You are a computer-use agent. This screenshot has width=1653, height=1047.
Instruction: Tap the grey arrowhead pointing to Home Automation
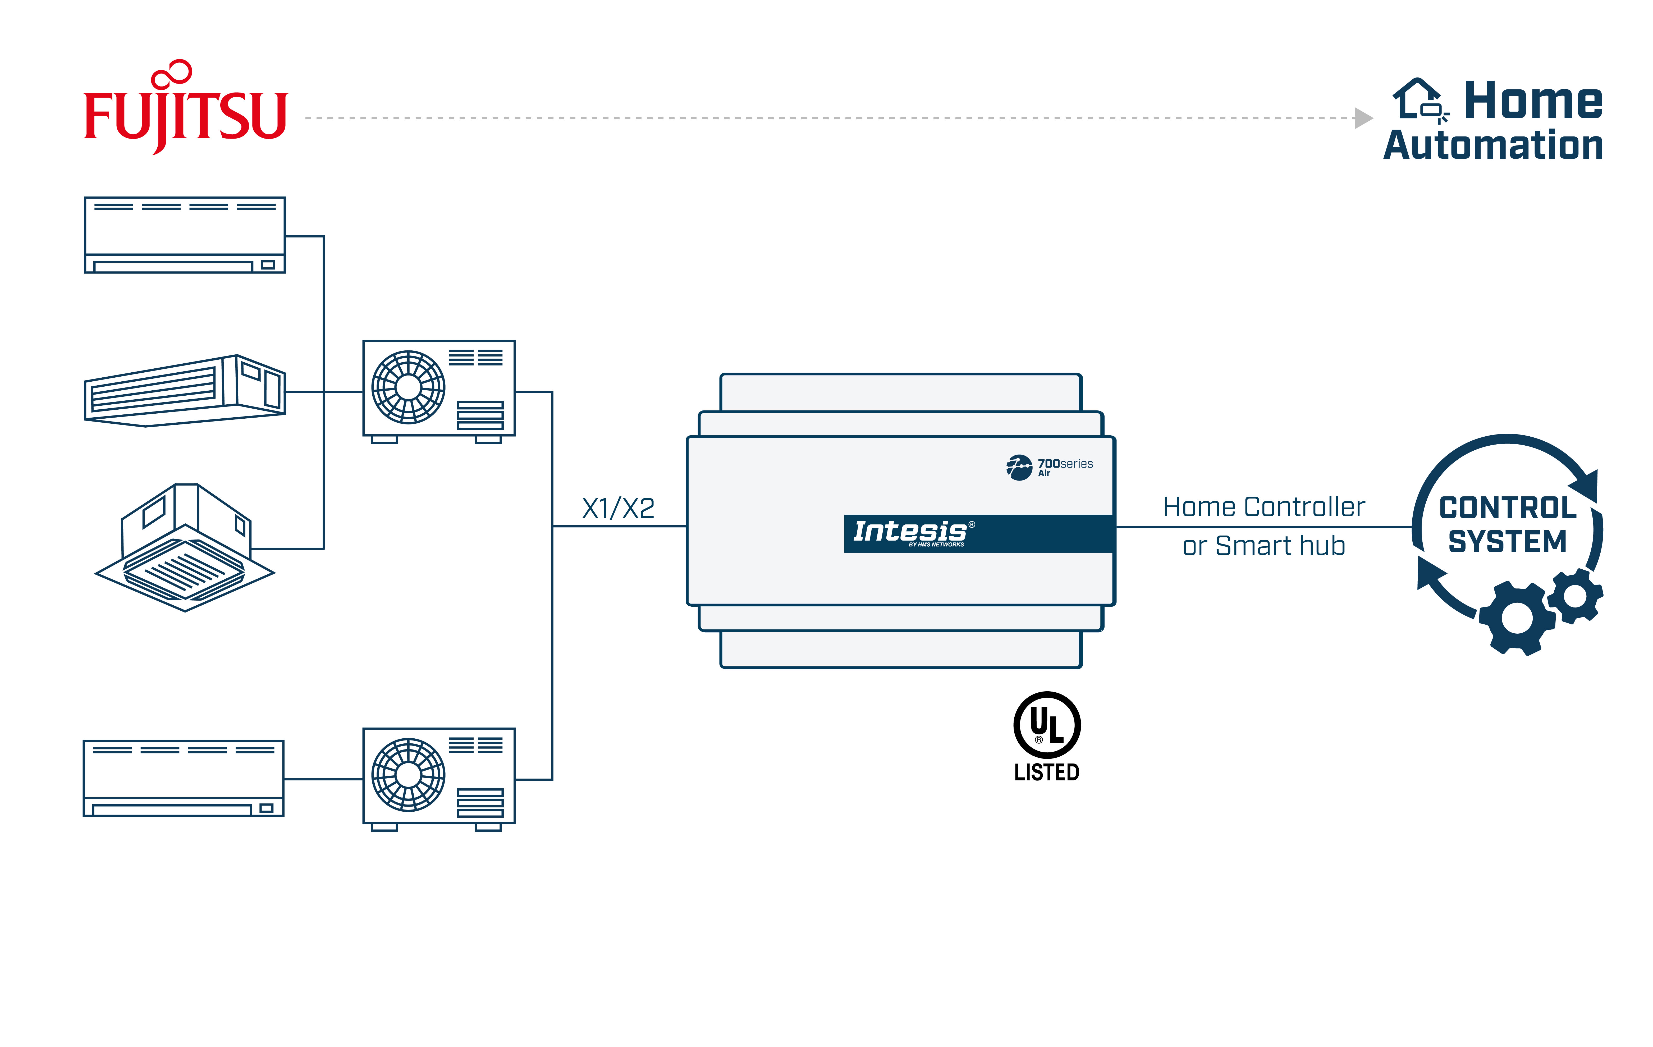tap(1363, 118)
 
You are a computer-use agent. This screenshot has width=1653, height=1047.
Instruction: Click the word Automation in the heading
tap(1493, 145)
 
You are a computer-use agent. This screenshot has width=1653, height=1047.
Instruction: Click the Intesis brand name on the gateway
tap(910, 531)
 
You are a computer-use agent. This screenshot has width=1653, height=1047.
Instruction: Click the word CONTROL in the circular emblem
tap(1508, 508)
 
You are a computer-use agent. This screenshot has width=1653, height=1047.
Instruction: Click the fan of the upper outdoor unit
tap(409, 387)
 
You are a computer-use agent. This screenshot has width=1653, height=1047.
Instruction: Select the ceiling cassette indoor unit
tap(185, 549)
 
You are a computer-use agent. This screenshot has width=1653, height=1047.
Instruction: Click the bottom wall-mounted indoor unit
tap(183, 778)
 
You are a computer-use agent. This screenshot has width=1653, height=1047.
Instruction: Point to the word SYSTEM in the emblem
tap(1508, 542)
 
